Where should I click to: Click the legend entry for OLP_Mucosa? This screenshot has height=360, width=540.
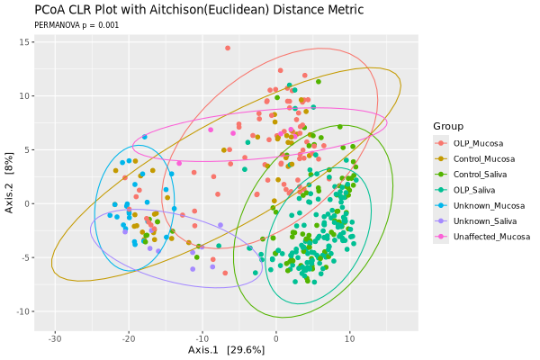(477, 143)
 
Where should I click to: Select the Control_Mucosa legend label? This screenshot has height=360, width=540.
(483, 158)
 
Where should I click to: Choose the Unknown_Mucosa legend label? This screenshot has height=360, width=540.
(486, 205)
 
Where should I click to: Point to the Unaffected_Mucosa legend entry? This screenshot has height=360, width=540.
(491, 237)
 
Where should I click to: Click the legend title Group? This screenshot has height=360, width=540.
(447, 125)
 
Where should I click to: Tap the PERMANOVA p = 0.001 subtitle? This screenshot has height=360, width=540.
(76, 26)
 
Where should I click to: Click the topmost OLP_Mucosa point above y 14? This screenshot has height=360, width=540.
(228, 48)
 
